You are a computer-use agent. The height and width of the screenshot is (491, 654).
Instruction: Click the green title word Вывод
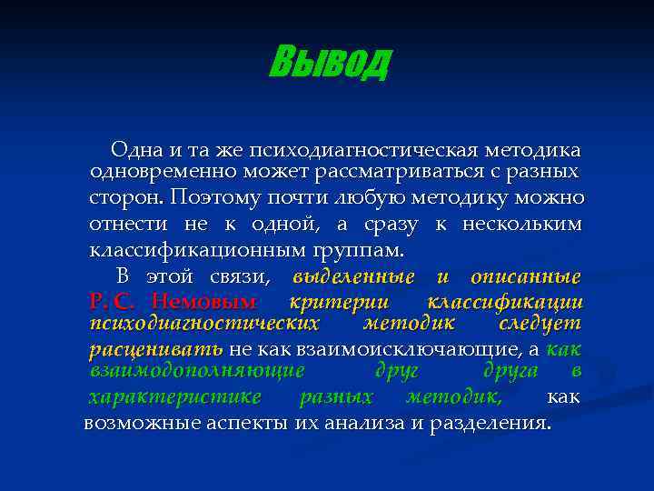click(330, 62)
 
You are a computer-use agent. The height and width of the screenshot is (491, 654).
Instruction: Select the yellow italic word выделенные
click(354, 276)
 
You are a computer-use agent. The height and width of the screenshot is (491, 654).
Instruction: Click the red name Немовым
click(204, 301)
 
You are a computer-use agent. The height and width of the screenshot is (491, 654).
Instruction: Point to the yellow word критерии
click(325, 301)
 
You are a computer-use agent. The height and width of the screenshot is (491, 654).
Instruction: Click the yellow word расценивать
click(155, 349)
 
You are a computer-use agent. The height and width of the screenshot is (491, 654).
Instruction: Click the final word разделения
click(490, 423)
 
